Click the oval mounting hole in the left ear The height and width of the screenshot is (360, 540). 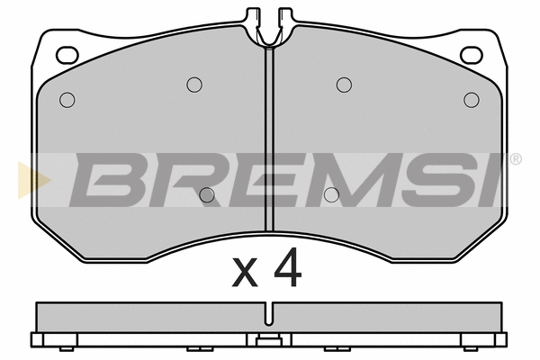(67, 55)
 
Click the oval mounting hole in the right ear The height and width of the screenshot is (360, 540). (472, 55)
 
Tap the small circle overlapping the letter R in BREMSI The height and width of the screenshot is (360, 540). (207, 195)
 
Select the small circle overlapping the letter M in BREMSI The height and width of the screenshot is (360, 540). (331, 195)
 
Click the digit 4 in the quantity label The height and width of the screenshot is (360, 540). (288, 267)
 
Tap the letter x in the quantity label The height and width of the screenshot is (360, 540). (245, 273)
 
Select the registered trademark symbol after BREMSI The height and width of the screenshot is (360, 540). (515, 159)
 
